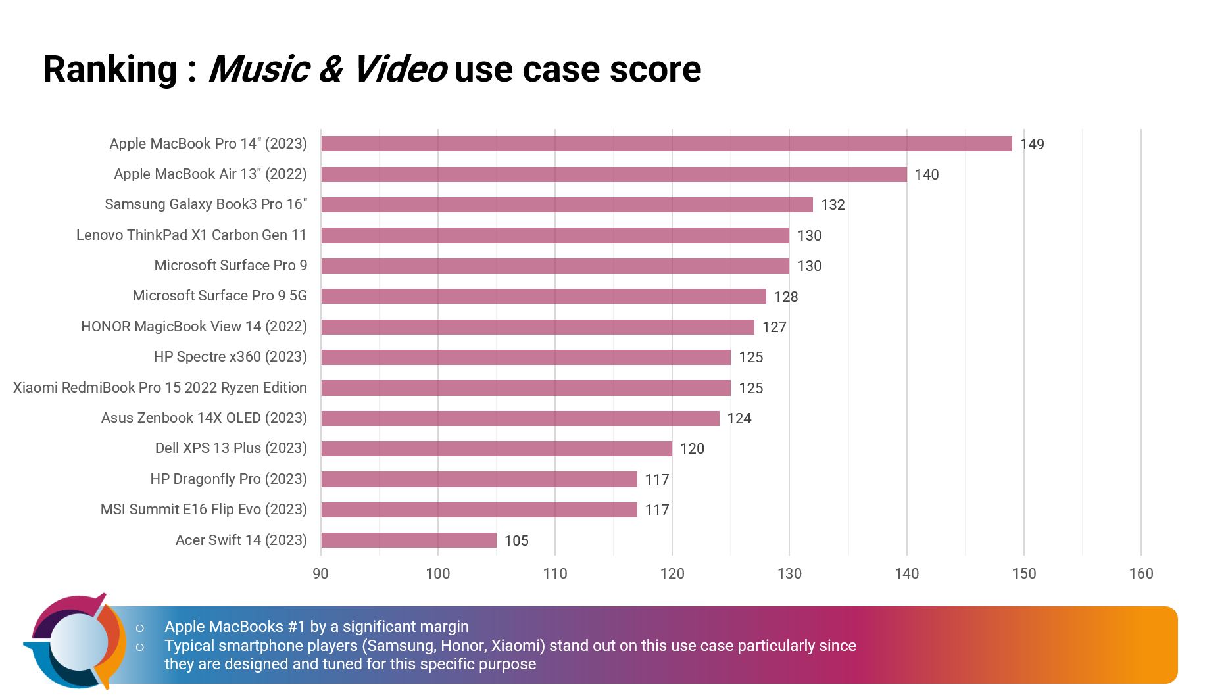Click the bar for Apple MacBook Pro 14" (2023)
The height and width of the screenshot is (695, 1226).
(x=666, y=144)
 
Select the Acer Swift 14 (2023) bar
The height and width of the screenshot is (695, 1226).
(x=408, y=540)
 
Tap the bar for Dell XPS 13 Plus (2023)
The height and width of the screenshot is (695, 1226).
(x=497, y=448)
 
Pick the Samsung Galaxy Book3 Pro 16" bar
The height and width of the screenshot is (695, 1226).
(x=566, y=204)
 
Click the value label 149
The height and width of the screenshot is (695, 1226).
(x=1032, y=145)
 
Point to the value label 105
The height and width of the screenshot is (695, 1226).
(x=516, y=541)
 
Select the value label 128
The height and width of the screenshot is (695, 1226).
(x=785, y=297)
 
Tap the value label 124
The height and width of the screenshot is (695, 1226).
(x=739, y=419)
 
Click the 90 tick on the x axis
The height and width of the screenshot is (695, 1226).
(x=320, y=574)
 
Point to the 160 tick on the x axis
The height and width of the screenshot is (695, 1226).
(x=1140, y=574)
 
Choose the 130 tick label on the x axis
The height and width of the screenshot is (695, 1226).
(x=789, y=574)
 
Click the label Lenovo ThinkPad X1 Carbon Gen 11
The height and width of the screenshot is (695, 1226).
(x=191, y=235)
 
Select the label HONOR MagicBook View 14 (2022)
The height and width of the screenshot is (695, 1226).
(x=194, y=327)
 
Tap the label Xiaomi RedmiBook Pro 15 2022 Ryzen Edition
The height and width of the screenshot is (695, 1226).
(x=160, y=388)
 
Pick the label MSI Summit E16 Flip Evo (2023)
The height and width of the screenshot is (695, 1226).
(x=204, y=510)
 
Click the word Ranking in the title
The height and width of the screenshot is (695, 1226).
(x=110, y=70)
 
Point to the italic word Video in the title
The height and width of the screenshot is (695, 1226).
(x=400, y=70)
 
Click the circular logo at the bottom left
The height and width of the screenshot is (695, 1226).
(x=76, y=642)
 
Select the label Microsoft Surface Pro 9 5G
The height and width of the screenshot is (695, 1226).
(x=220, y=296)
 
